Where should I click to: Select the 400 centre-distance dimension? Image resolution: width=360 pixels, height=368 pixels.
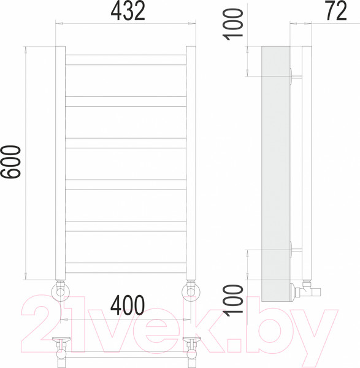[128, 305]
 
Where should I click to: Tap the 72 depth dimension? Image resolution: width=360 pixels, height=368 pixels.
[335, 12]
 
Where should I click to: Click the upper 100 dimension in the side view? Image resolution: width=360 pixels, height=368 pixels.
[234, 25]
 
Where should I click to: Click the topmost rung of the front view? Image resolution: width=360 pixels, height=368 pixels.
[126, 59]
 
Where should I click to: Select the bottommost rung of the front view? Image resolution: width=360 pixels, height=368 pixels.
[126, 267]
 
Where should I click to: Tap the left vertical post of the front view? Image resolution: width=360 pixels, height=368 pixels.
[60, 163]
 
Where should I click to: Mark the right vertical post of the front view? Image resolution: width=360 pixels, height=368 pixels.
[191, 163]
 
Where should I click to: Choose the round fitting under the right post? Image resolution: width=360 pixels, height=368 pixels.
[191, 290]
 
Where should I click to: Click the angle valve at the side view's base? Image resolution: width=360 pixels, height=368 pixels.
[303, 289]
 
